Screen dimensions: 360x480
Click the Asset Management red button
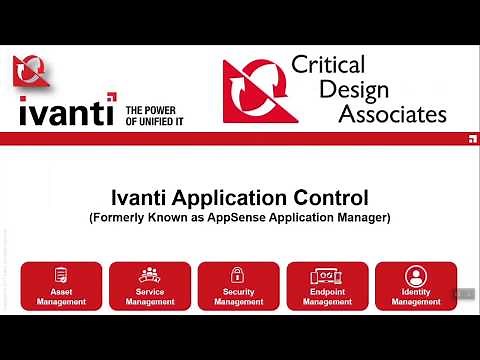click(61, 286)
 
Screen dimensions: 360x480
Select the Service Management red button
click(149, 286)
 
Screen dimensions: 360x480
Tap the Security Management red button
click(238, 286)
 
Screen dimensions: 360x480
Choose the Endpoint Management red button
click(327, 286)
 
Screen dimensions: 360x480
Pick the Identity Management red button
click(416, 286)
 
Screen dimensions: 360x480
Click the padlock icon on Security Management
click(238, 274)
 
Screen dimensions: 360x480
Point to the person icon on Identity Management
click(416, 274)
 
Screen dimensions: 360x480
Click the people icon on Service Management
click(149, 274)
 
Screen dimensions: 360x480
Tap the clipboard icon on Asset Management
click(61, 274)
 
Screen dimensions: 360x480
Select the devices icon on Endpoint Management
click(327, 274)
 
